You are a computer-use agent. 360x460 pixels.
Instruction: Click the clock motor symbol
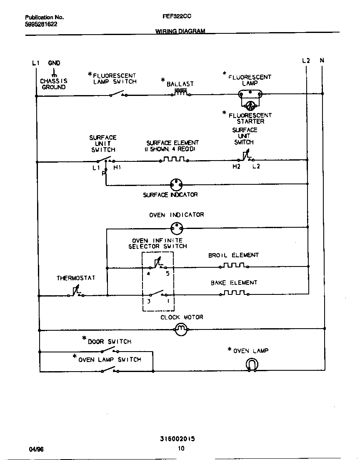(180, 330)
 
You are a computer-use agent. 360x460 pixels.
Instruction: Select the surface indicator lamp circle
(177, 184)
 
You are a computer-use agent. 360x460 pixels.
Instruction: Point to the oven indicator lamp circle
(177, 228)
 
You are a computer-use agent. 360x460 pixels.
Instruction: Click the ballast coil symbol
(180, 93)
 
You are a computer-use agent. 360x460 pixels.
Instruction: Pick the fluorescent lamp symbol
(250, 94)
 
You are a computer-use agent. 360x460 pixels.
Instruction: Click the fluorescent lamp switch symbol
(117, 94)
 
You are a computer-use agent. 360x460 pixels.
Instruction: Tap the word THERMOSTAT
(76, 278)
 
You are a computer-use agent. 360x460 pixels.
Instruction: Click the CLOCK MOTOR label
(182, 317)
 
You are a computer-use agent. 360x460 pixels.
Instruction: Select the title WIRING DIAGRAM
(180, 31)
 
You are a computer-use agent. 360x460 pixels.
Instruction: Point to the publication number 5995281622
(41, 24)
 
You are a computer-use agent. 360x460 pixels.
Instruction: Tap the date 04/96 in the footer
(36, 449)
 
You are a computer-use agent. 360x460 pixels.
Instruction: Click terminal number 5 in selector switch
(167, 274)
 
